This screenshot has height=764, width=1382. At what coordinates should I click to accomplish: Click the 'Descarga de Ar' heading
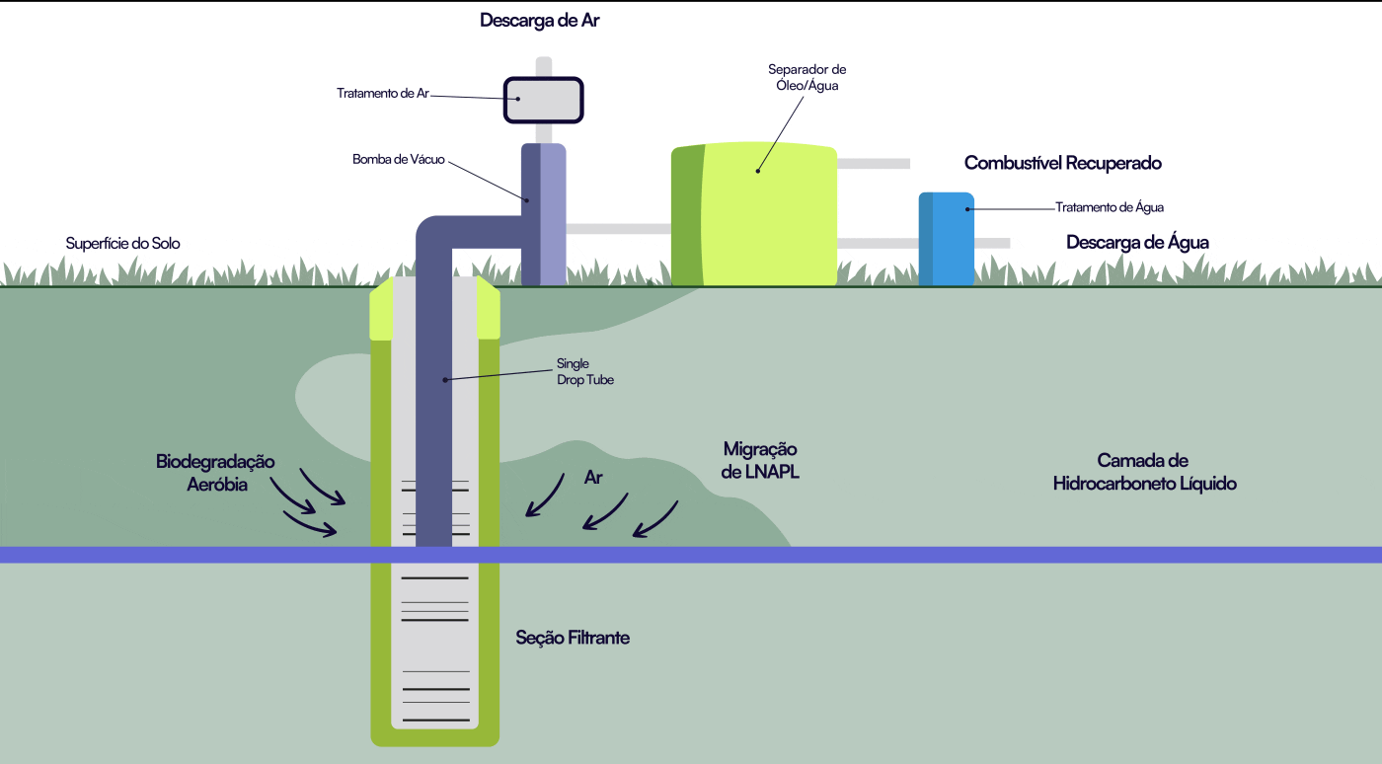click(x=539, y=21)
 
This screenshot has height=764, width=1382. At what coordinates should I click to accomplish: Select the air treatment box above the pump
click(x=544, y=100)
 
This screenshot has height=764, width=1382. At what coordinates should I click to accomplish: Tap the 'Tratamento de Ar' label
click(x=383, y=94)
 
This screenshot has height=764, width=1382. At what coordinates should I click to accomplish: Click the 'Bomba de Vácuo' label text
click(x=399, y=159)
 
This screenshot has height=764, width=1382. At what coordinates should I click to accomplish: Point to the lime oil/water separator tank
click(x=755, y=214)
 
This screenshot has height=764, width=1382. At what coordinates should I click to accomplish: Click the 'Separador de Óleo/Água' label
click(x=806, y=78)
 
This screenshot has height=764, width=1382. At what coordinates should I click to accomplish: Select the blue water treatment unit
click(x=947, y=239)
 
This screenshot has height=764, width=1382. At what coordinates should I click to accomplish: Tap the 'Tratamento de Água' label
click(x=1110, y=207)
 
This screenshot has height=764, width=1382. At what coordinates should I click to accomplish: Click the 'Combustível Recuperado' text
click(x=1062, y=163)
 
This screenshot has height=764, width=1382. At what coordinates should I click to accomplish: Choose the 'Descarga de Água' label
click(x=1137, y=242)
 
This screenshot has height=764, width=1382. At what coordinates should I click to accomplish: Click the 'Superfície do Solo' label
click(x=122, y=243)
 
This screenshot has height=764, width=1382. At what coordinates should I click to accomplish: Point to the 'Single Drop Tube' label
click(x=585, y=371)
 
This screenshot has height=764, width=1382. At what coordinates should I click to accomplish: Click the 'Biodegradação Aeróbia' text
click(x=215, y=473)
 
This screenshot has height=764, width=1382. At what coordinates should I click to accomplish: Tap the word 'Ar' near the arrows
click(x=593, y=478)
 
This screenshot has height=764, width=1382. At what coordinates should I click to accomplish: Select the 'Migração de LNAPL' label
click(x=759, y=460)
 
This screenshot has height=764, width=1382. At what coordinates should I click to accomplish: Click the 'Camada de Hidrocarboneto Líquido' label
click(x=1144, y=472)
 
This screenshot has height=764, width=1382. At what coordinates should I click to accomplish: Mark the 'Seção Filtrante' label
click(x=573, y=638)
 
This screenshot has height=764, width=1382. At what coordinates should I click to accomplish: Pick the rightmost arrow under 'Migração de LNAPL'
click(x=655, y=520)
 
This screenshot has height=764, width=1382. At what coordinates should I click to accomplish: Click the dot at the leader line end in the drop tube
click(x=445, y=379)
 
